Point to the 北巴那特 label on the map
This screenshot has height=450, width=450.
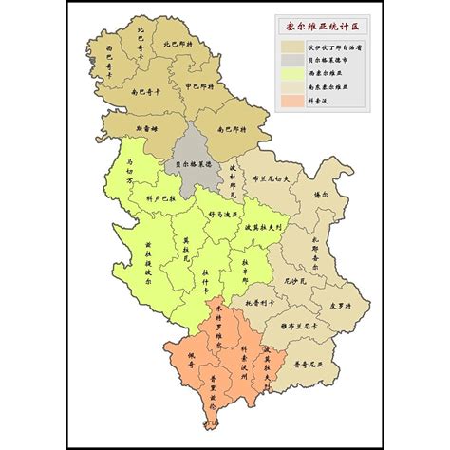176,43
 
